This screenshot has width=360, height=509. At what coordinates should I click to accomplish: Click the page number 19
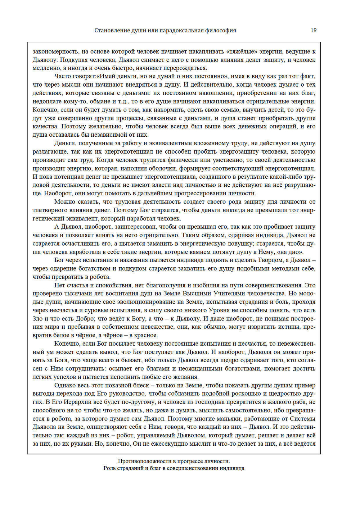click(x=313, y=30)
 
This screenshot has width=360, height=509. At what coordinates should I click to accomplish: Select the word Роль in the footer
click(x=109, y=468)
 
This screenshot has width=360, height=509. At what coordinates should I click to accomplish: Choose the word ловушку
click(x=231, y=244)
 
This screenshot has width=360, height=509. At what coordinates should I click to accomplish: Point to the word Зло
click(x=38, y=319)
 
